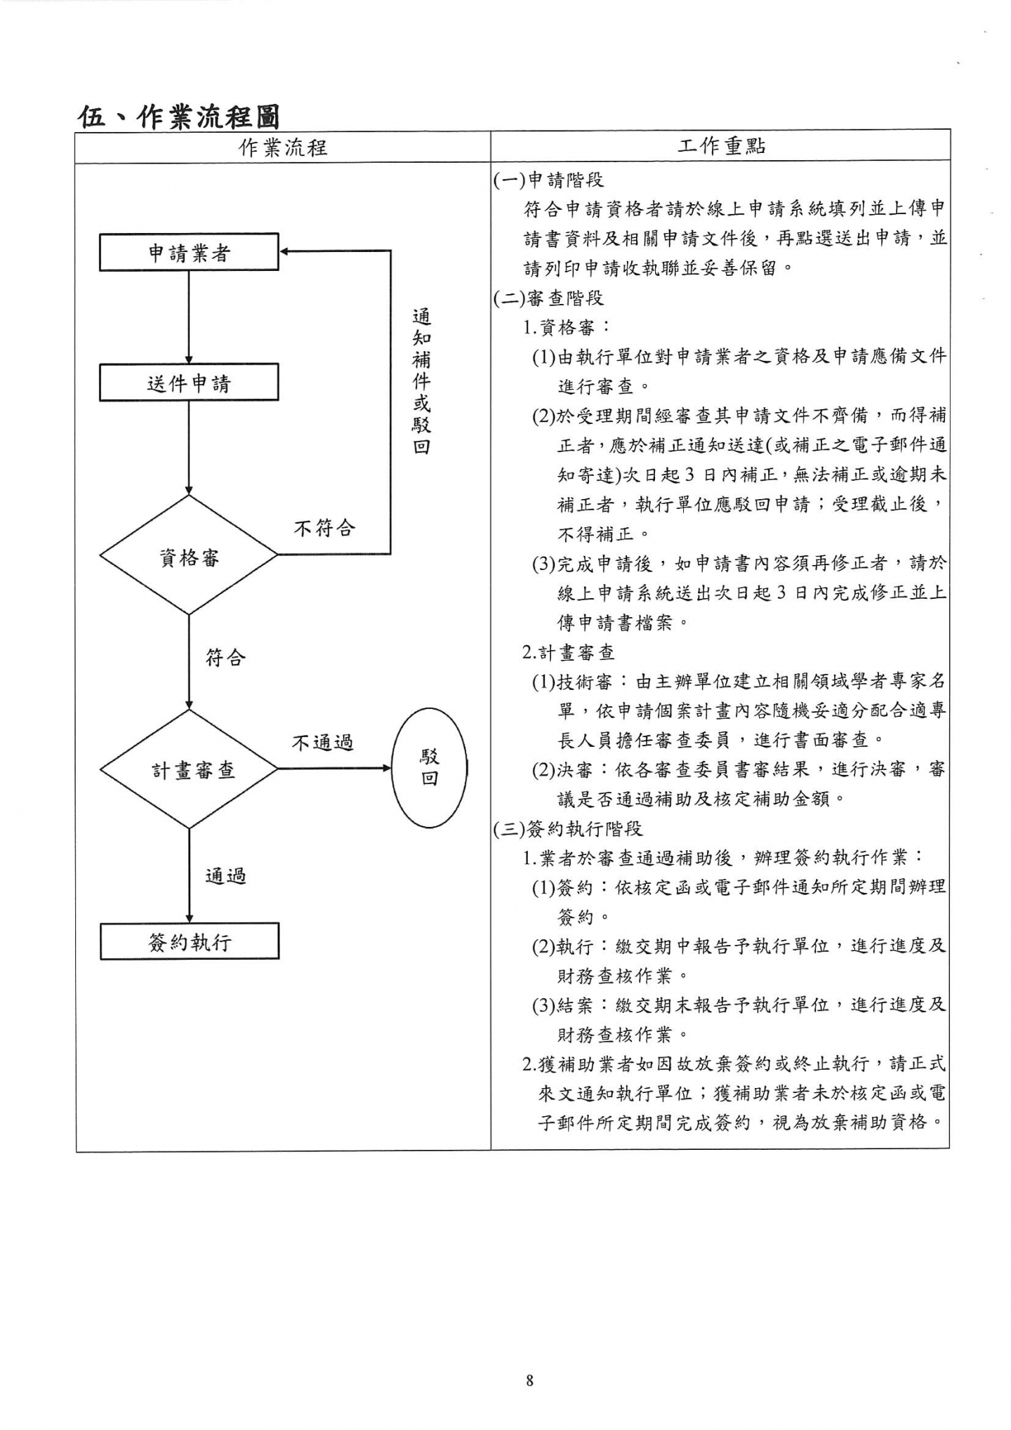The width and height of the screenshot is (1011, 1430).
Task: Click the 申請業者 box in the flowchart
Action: (189, 252)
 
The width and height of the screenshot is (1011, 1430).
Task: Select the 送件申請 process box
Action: (189, 383)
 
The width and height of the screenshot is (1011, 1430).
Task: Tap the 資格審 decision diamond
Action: (189, 556)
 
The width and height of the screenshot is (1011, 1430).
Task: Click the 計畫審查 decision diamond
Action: (190, 769)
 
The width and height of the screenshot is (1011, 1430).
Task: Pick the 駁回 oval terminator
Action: (429, 767)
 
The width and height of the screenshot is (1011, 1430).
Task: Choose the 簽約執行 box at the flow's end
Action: (190, 941)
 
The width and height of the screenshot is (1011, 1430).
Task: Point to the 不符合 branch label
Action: (324, 528)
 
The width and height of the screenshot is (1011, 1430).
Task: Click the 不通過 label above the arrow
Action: (322, 742)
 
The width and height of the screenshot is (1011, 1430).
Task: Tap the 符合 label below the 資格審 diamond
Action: (225, 658)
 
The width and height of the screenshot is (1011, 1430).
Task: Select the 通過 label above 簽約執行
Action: (225, 875)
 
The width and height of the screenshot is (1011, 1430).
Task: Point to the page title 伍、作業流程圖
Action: (178, 117)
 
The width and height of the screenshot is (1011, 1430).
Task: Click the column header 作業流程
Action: (283, 147)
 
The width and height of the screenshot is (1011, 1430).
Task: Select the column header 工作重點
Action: (721, 146)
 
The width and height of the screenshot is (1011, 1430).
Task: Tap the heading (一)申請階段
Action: (548, 180)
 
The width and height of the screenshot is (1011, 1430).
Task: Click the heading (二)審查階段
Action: (548, 298)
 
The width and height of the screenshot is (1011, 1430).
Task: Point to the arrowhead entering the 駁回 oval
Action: (387, 768)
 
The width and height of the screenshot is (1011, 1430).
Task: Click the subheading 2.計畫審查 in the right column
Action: (569, 652)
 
